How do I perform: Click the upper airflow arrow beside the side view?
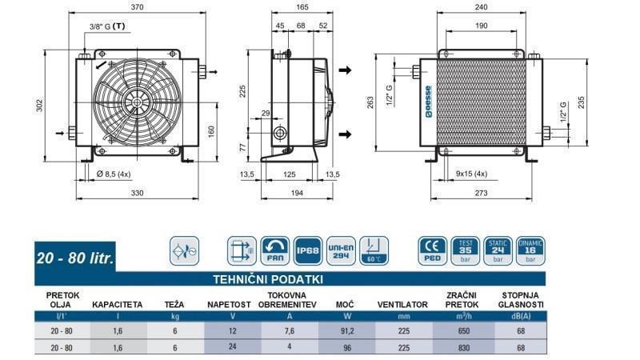pyautogui.click(x=345, y=70)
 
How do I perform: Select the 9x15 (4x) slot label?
pyautogui.click(x=471, y=174)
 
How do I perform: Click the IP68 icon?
pyautogui.click(x=309, y=250)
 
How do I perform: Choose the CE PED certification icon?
pyautogui.click(x=433, y=250)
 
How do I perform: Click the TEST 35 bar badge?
pyautogui.click(x=466, y=250)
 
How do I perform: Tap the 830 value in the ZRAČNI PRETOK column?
pyautogui.click(x=456, y=348)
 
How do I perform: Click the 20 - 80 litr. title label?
pyautogui.click(x=75, y=258)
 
